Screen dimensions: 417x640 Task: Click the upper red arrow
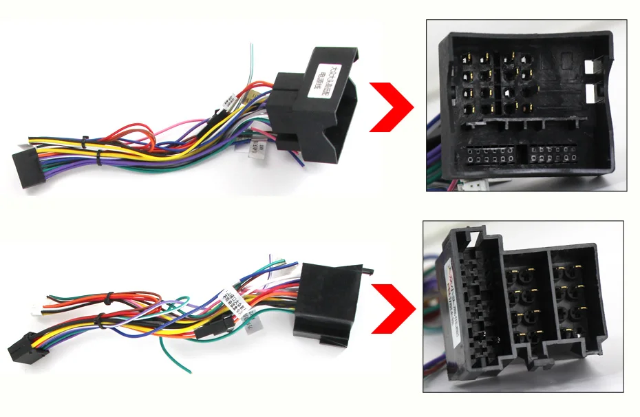(390, 107)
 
